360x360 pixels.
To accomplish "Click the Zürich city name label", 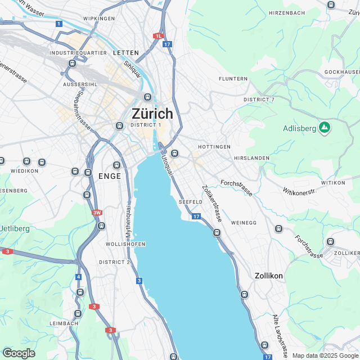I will pos(152,113).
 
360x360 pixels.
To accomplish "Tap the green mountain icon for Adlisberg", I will pos(324,128).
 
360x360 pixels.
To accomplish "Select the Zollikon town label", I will pos(268,276).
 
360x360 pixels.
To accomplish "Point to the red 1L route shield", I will pos(158,35).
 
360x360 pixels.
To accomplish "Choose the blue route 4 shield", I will pos(78,277).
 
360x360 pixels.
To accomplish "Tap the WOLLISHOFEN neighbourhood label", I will pos(125,244).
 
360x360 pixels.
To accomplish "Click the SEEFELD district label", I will pos(190,201).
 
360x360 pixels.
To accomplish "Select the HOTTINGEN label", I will pos(214,146).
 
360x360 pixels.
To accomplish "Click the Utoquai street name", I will pos(167,168).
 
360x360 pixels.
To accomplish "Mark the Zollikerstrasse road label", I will pos(211,203).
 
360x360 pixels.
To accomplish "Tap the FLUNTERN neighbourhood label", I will pos(233,79).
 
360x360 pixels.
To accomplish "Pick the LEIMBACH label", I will pos(63,323).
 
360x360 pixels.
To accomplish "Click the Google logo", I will pos(18,353).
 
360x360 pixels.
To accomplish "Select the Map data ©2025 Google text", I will pos(325,355).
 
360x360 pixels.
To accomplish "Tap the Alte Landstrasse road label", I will pos(280,331).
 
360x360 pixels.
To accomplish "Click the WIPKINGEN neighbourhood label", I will pos(99,19).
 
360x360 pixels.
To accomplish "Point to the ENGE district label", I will pos(109,176).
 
